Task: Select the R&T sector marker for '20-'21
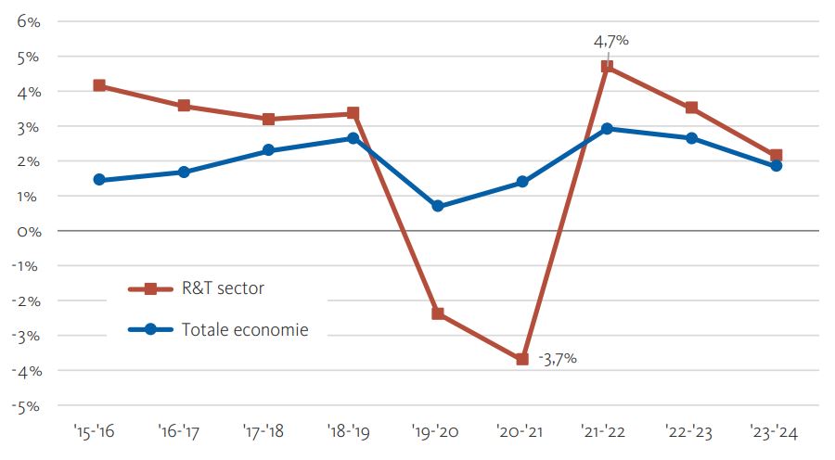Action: tap(522, 359)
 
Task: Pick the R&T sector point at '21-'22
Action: tap(607, 67)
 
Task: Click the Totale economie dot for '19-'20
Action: tap(438, 206)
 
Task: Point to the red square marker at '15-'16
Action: tap(99, 85)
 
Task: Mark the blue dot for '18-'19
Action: tap(353, 138)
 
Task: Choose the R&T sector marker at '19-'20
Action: tap(438, 313)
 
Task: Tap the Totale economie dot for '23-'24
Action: tap(776, 166)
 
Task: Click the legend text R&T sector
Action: tap(223, 288)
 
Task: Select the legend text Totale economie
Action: tap(245, 329)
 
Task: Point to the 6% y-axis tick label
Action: tap(28, 21)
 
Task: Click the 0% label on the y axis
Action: tap(28, 231)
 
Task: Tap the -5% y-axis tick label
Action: tap(25, 405)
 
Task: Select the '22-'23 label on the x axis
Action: tap(691, 432)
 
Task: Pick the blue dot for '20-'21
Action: tap(522, 182)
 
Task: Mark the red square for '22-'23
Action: tap(691, 108)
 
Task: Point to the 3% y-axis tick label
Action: tap(28, 126)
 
